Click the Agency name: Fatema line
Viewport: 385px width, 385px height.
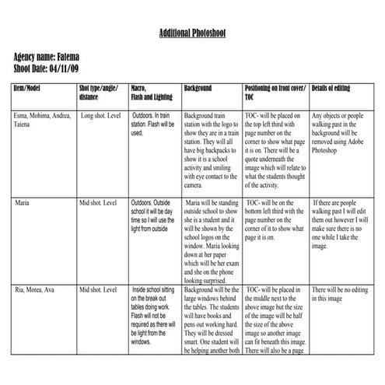tap(46, 58)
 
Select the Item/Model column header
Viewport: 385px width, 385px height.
tap(30, 89)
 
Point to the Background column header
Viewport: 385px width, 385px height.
tap(198, 89)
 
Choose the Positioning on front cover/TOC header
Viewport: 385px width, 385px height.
tap(275, 93)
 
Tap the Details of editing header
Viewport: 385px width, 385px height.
tap(331, 89)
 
